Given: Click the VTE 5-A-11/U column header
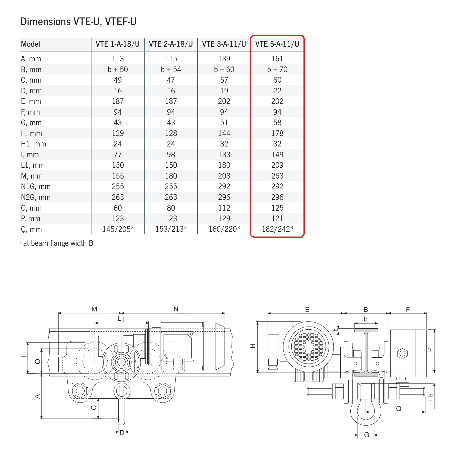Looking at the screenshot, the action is click(277, 44).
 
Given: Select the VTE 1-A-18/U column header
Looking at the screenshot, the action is click(118, 44).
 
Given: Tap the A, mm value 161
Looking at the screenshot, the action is click(277, 59).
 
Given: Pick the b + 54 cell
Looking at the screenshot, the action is click(171, 70).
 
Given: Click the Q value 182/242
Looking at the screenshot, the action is click(277, 229).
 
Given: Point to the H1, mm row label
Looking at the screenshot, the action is click(34, 144).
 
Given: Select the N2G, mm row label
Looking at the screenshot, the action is click(36, 197).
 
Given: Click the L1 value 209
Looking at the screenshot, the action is click(277, 165).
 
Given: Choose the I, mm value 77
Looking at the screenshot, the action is click(118, 155).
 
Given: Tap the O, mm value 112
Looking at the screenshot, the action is click(224, 208).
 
